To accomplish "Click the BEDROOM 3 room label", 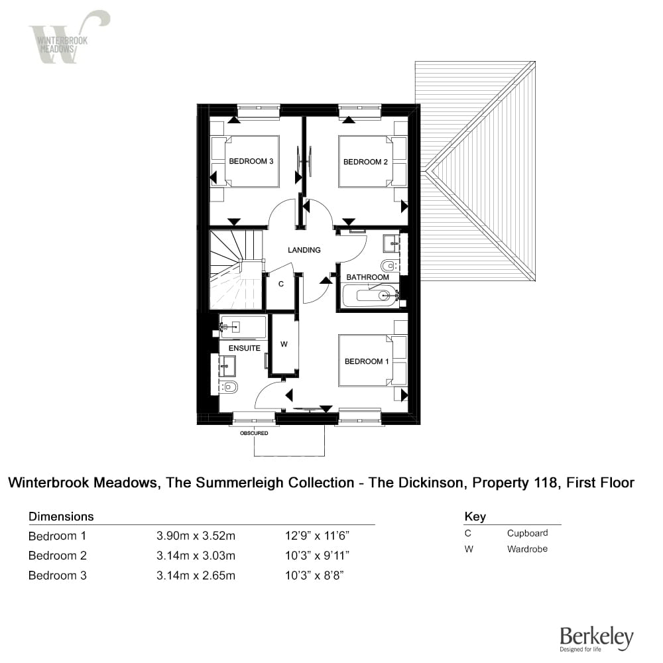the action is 251,161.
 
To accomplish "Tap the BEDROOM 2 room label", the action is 365,162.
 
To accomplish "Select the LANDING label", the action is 304,250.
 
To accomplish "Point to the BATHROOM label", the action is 367,277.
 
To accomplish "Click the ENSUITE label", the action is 245,348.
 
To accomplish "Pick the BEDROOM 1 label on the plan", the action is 367,361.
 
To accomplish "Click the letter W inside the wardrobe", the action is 284,344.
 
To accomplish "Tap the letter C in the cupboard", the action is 281,284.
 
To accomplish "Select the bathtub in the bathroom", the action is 371,295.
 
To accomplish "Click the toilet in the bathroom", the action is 389,266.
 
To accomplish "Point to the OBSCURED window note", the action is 254,433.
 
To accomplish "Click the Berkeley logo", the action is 597,638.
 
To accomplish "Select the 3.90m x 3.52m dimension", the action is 196,536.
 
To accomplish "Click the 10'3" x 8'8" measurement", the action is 314,575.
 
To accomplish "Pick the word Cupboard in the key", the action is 527,533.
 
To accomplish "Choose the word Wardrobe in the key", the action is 527,549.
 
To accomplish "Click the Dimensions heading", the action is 61,516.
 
